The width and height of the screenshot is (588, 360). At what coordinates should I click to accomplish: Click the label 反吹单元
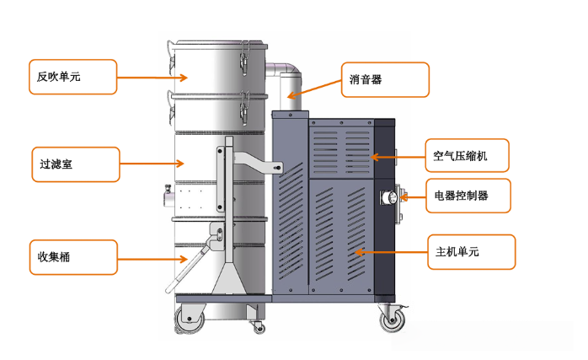[x=72, y=77]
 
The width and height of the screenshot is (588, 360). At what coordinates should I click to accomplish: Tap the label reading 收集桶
[x=72, y=256]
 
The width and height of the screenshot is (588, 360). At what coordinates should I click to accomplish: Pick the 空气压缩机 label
[x=466, y=156]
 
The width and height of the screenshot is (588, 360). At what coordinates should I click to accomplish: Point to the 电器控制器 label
[x=467, y=196]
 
